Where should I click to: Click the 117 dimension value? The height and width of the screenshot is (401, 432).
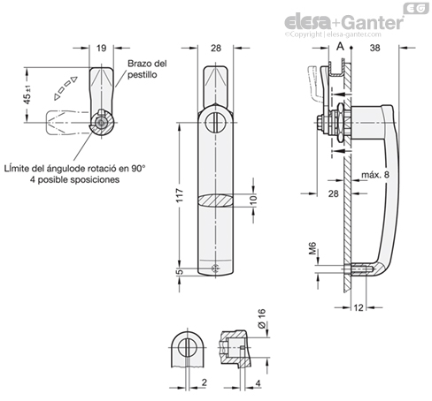pos(180,195)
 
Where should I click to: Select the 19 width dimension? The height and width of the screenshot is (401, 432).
pos(101,48)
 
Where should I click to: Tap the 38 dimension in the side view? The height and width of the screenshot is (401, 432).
pos(374,48)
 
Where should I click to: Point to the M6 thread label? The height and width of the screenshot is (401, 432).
pos(312,248)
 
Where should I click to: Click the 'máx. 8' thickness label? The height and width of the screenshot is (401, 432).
pos(375,175)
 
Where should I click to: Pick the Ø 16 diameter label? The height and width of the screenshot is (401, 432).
pos(262,319)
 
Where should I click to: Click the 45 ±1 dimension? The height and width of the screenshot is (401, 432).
pos(27,95)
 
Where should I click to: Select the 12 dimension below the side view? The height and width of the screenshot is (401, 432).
pos(359,307)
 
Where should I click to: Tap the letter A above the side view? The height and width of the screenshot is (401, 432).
pos(340,47)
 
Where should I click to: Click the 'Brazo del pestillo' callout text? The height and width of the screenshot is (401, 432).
pos(147,69)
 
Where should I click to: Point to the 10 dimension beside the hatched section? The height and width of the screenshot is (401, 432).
pos(253,200)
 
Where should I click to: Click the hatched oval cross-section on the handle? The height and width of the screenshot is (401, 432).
pos(215,200)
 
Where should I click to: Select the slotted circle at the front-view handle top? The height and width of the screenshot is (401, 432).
pos(216,122)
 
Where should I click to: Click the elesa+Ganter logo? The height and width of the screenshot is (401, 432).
pos(343,22)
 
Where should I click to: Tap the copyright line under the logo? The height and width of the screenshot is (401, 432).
pos(333,34)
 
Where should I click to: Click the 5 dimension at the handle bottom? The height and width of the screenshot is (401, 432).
pos(180,272)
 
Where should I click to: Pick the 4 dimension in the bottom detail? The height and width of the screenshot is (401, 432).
pos(258,383)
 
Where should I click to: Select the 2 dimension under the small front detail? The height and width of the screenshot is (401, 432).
pos(204,382)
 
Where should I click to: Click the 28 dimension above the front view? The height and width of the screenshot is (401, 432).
pos(216,48)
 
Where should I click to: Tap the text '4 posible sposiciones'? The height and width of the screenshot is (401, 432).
pos(74,179)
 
